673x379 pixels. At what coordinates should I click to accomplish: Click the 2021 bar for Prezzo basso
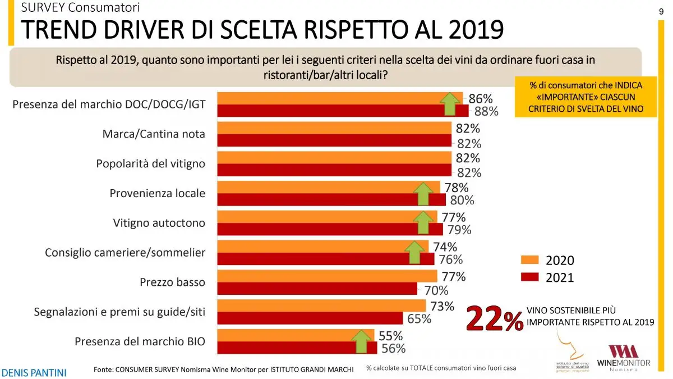pos(317,289)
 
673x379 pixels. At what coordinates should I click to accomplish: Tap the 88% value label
pos(486,111)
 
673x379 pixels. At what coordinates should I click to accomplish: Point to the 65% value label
pos(419,319)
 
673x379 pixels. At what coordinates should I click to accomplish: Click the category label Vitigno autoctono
pos(159,223)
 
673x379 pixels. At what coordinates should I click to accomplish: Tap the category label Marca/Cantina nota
pos(154,134)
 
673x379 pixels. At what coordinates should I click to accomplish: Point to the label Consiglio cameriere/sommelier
pos(125,253)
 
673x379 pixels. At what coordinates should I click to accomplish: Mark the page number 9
pos(661,12)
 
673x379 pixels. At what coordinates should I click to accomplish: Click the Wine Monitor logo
pos(623,358)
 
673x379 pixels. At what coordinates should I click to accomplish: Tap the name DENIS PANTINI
pos(34,372)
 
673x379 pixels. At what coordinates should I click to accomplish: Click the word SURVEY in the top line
pos(42,7)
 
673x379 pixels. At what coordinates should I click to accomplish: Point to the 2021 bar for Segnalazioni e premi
pos(310,318)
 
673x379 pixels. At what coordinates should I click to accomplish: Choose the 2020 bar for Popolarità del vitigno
pos(334,157)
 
